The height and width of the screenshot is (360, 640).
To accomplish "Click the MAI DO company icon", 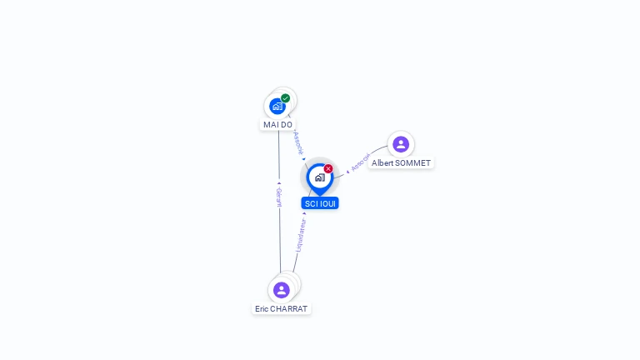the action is click(x=277, y=106).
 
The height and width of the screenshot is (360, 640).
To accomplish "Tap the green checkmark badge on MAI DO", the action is click(x=286, y=98).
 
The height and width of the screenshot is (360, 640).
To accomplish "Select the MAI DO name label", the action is click(x=278, y=125).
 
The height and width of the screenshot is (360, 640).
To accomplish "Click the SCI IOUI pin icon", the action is click(x=319, y=177).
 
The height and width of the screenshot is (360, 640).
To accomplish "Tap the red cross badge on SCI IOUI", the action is click(x=328, y=169).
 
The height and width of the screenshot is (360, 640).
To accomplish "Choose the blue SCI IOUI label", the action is click(x=320, y=203).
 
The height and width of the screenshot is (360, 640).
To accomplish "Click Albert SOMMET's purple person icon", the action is click(x=401, y=144).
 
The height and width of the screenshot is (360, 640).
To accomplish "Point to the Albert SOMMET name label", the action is click(x=401, y=163).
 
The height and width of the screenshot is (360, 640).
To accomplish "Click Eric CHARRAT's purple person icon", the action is click(x=282, y=290).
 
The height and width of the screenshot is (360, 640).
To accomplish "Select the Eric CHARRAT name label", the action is click(x=282, y=308).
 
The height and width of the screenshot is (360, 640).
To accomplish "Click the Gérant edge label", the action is click(x=279, y=197).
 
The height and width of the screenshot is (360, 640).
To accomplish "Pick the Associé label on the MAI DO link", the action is click(x=298, y=142).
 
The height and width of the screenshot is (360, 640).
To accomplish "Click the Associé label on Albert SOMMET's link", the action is click(x=360, y=162).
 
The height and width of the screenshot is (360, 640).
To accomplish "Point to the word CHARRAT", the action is click(x=289, y=308).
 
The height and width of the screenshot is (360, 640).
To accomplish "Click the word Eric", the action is click(x=262, y=308).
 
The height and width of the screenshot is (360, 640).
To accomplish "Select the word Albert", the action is click(x=382, y=163).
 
